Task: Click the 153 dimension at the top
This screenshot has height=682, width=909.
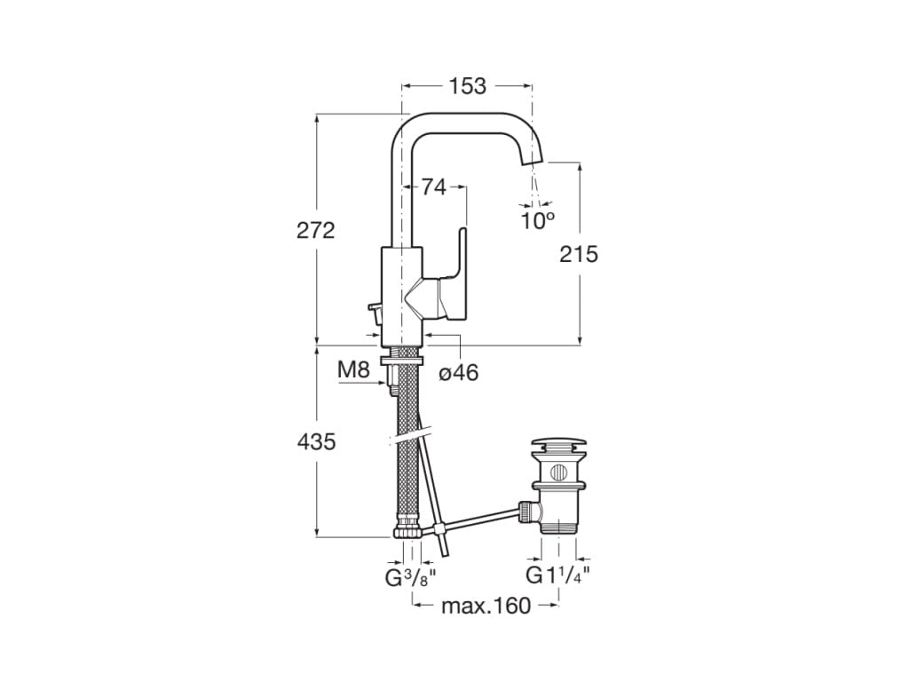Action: click(x=467, y=86)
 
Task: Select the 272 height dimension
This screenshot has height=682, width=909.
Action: click(x=316, y=230)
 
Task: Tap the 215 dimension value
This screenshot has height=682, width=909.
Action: click(x=579, y=254)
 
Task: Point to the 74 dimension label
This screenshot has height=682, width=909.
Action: click(x=433, y=186)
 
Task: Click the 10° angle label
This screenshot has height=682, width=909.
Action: click(x=537, y=220)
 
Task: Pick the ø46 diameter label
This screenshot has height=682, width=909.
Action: click(x=459, y=373)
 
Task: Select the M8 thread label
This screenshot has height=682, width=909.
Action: click(x=354, y=369)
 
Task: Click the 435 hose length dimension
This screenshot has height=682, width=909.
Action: click(x=316, y=441)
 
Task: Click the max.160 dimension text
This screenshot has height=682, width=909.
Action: click(x=486, y=606)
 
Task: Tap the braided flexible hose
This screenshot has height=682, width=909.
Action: click(x=406, y=444)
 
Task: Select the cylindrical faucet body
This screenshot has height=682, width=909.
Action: click(x=401, y=297)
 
